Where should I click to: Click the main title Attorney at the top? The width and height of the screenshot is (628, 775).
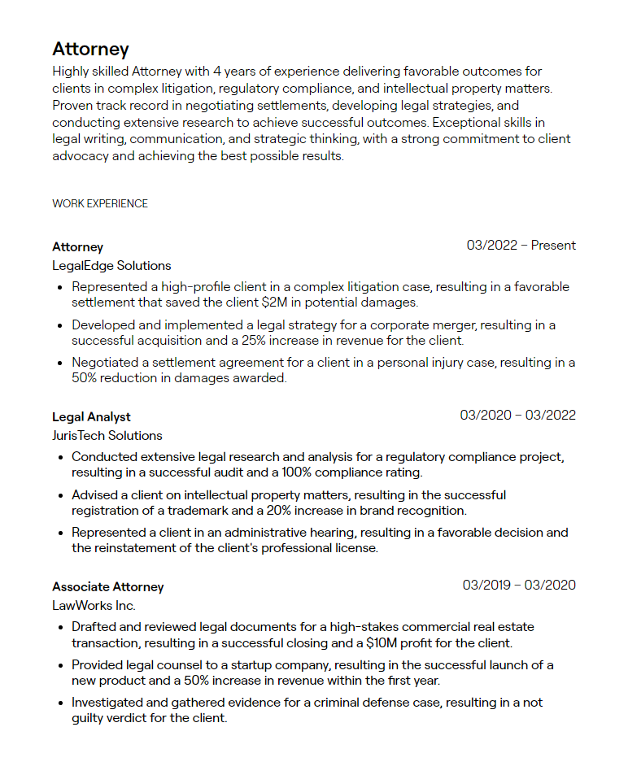(x=90, y=50)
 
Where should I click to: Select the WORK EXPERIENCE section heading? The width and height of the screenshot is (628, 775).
(x=100, y=203)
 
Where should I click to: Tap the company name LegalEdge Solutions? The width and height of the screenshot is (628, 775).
(x=111, y=265)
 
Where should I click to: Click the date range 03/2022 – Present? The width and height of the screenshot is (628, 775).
(x=521, y=245)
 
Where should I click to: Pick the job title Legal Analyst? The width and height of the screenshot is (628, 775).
(x=91, y=416)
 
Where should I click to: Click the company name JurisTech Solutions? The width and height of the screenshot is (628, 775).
(x=107, y=435)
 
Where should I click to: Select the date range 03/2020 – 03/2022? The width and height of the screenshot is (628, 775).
(x=517, y=415)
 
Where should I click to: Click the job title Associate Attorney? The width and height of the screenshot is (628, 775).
(x=108, y=586)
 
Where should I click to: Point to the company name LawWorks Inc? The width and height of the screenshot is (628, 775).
(x=94, y=605)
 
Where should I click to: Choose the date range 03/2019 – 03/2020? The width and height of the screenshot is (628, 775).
(x=519, y=585)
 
